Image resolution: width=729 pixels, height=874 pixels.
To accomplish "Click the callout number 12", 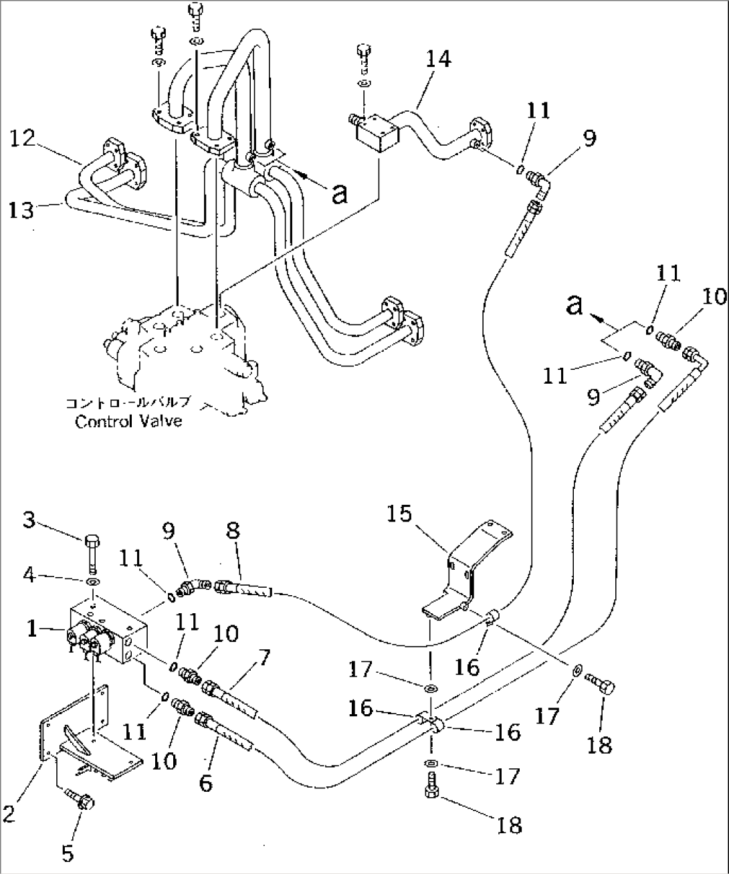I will [x=22, y=139].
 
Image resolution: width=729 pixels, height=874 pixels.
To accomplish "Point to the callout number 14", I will [x=439, y=60].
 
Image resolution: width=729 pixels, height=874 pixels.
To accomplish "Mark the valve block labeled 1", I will [x=107, y=632].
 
